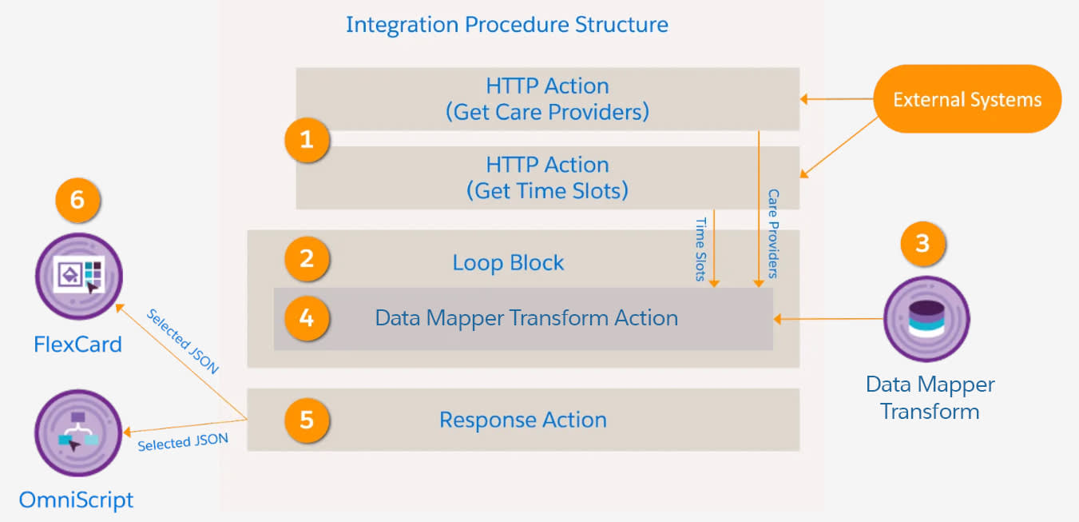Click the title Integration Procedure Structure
[506, 24]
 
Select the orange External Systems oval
[966, 100]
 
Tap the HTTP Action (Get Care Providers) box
[547, 98]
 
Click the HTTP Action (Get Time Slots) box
[547, 177]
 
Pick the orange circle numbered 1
[307, 141]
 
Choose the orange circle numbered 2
[307, 259]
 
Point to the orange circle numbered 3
[922, 243]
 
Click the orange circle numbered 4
[307, 318]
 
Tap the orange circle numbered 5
[307, 420]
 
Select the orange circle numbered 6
[77, 200]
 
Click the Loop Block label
[508, 263]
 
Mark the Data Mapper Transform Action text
[526, 318]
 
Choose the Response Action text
[523, 420]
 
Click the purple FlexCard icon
[78, 276]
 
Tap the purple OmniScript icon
[77, 433]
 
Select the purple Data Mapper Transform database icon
[926, 319]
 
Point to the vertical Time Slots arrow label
[701, 249]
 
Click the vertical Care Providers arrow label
[772, 233]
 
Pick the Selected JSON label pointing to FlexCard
[182, 341]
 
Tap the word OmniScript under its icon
[77, 500]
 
